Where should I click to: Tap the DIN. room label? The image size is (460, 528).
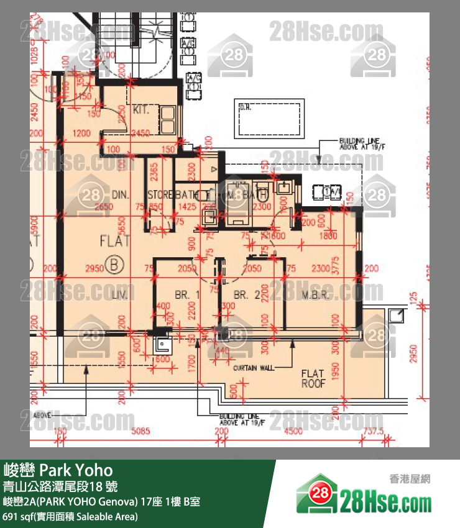coord(121,194)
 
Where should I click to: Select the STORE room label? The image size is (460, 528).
coord(160,194)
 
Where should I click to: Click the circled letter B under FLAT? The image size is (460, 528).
coord(115,265)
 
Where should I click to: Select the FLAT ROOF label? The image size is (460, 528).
coord(313,378)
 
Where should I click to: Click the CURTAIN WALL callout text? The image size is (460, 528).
coord(254,368)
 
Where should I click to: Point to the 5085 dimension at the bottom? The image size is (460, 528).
coord(140,430)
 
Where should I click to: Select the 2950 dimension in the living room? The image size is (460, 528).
coord(93,268)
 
